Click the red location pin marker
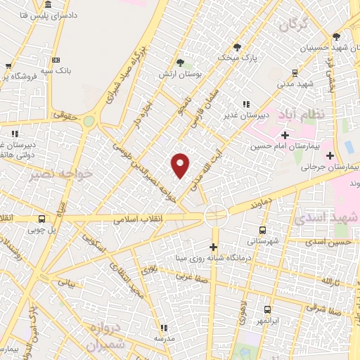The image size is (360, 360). pos(181,165)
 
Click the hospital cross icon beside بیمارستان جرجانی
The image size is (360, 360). pos(349,155)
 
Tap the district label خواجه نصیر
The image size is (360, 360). pos(51,173)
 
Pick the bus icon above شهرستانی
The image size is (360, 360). pos(262,230)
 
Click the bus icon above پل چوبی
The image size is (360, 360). pos(41,218)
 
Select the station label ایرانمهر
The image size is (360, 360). pos(267,321)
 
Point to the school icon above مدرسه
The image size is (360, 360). pos(163,328)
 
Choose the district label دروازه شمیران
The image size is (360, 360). pos(110,337)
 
